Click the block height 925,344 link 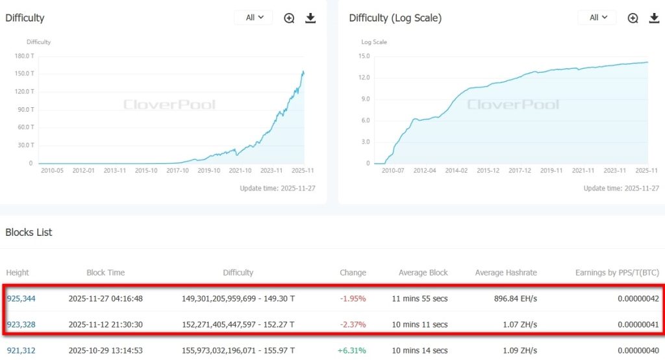[x=21, y=299]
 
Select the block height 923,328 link [x=21, y=324]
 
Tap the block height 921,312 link [x=21, y=350]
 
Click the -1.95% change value [x=353, y=299]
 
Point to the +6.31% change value [x=351, y=350]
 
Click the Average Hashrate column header [x=506, y=272]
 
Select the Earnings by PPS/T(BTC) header [x=617, y=272]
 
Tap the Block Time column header [x=105, y=272]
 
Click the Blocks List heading [x=29, y=232]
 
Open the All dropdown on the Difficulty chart [x=253, y=18]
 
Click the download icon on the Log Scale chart [x=654, y=18]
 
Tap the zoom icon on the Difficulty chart [x=290, y=18]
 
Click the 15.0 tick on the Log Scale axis [x=364, y=56]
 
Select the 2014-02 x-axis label [x=455, y=170]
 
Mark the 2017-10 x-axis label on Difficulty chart [x=177, y=170]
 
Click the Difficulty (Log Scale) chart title [x=395, y=18]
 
